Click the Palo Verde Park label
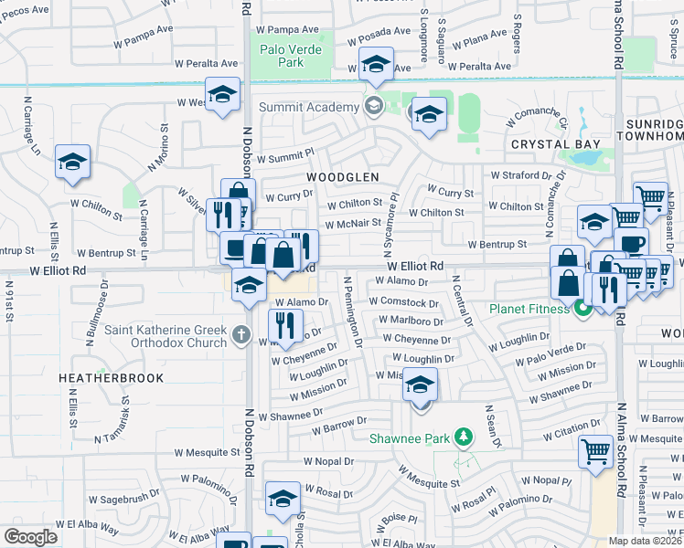coord(291,56)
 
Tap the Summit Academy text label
coord(310,107)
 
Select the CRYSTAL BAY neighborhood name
coord(555,144)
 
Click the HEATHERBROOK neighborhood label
coord(111,377)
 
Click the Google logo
coord(30,536)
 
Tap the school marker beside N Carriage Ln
coord(72,163)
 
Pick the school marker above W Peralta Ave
coord(374,65)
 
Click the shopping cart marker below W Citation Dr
coord(595,451)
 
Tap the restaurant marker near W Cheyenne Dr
coord(286,324)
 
